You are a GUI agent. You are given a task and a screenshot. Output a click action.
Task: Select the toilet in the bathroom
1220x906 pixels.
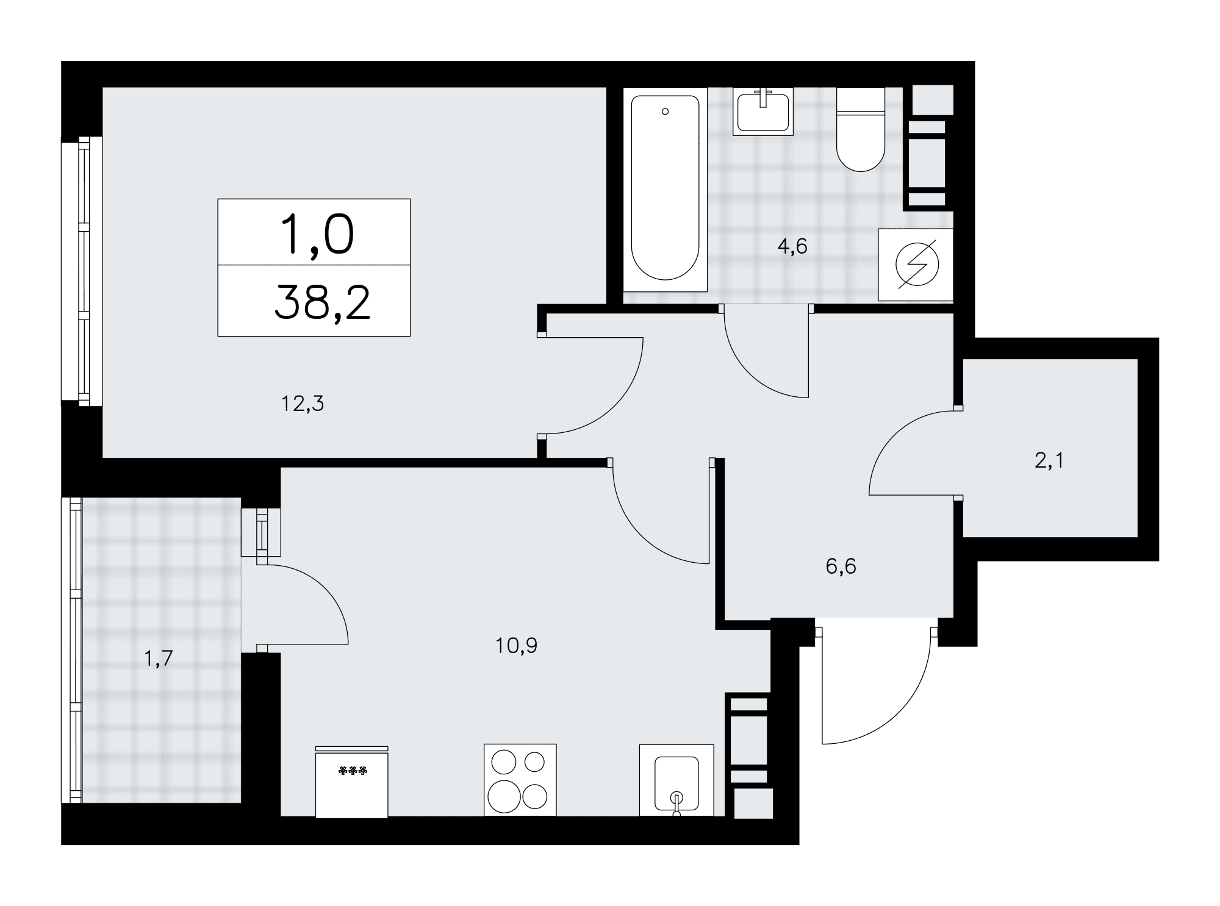coord(861,129)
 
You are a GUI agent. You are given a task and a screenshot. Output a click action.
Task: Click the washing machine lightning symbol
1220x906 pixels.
coord(916,264)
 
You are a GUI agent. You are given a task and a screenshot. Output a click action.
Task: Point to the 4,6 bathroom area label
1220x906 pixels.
coord(792,246)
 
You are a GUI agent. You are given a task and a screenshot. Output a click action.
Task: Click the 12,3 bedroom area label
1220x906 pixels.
coord(303,403)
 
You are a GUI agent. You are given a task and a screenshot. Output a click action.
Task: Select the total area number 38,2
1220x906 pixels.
coord(323,304)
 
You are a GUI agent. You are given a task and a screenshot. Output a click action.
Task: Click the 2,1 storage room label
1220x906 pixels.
coord(1049,460)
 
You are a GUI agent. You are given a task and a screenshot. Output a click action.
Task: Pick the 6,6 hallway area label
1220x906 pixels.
coord(841,566)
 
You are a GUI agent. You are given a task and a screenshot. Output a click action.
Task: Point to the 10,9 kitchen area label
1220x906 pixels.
coord(517,645)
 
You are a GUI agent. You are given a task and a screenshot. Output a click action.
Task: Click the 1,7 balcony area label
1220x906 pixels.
coord(159,658)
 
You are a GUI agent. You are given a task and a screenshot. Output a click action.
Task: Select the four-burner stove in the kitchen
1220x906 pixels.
coord(520,779)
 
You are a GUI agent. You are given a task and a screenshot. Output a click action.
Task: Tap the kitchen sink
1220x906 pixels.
coord(676,780)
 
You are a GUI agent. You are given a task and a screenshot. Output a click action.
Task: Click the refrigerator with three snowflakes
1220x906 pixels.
coord(352,782)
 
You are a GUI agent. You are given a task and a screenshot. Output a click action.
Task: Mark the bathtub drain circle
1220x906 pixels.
coord(665,112)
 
